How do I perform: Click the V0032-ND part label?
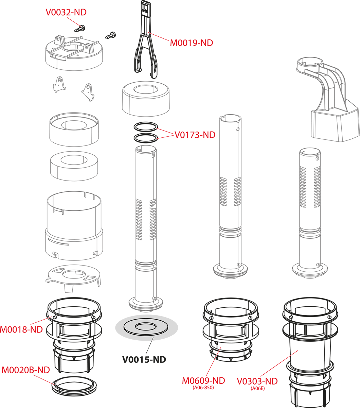(x=66, y=13)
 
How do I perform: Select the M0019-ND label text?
(x=192, y=43)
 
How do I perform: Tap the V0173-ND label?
(x=195, y=135)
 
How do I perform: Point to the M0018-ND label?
(x=21, y=329)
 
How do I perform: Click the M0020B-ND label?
(x=26, y=370)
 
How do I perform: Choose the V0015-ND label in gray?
(x=144, y=359)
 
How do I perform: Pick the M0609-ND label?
(x=203, y=380)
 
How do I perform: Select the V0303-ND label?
(x=257, y=381)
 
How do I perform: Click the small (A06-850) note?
(x=203, y=388)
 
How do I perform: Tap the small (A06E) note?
(x=257, y=388)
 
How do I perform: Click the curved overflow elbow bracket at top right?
(x=329, y=102)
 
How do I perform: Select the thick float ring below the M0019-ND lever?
(x=146, y=99)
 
